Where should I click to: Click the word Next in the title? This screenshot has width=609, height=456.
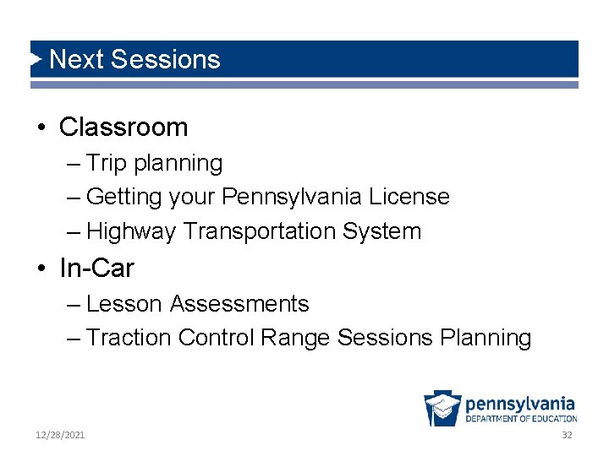click(76, 59)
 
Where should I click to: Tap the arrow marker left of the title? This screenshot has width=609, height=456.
click(36, 59)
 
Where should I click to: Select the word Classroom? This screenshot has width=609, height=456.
click(123, 128)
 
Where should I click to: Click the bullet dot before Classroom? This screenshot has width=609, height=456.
click(41, 128)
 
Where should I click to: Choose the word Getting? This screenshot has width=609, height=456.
click(123, 198)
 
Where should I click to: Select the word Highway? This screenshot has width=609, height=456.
click(131, 231)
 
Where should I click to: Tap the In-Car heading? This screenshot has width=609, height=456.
click(96, 269)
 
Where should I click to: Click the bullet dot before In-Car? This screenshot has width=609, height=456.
click(41, 269)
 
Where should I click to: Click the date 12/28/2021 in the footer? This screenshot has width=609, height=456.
click(60, 435)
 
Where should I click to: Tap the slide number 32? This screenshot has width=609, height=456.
click(567, 435)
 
